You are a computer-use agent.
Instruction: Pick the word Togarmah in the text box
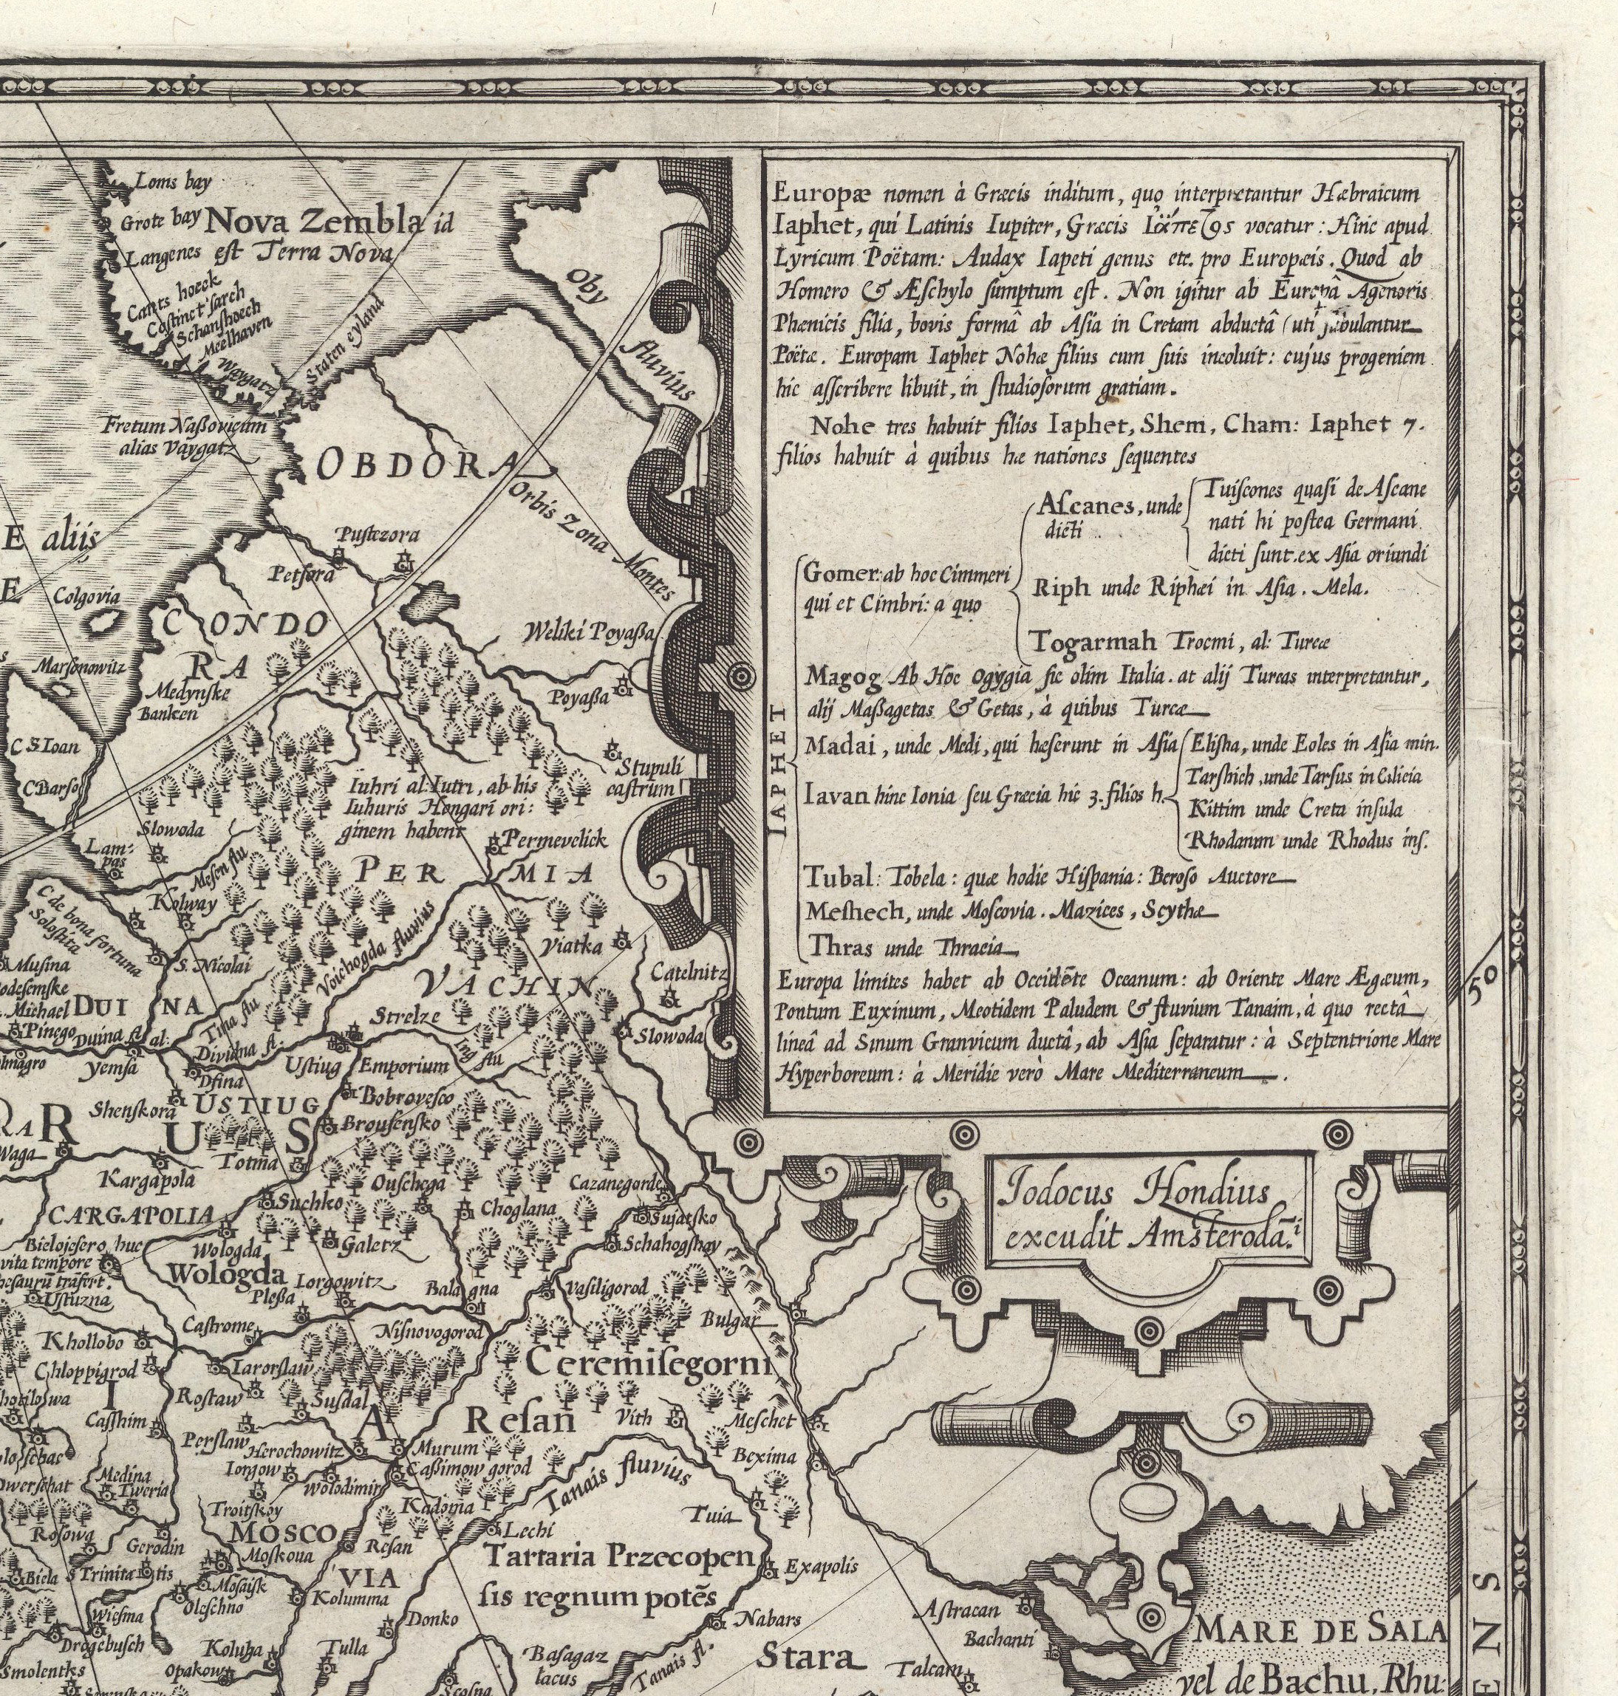click(x=1084, y=641)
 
